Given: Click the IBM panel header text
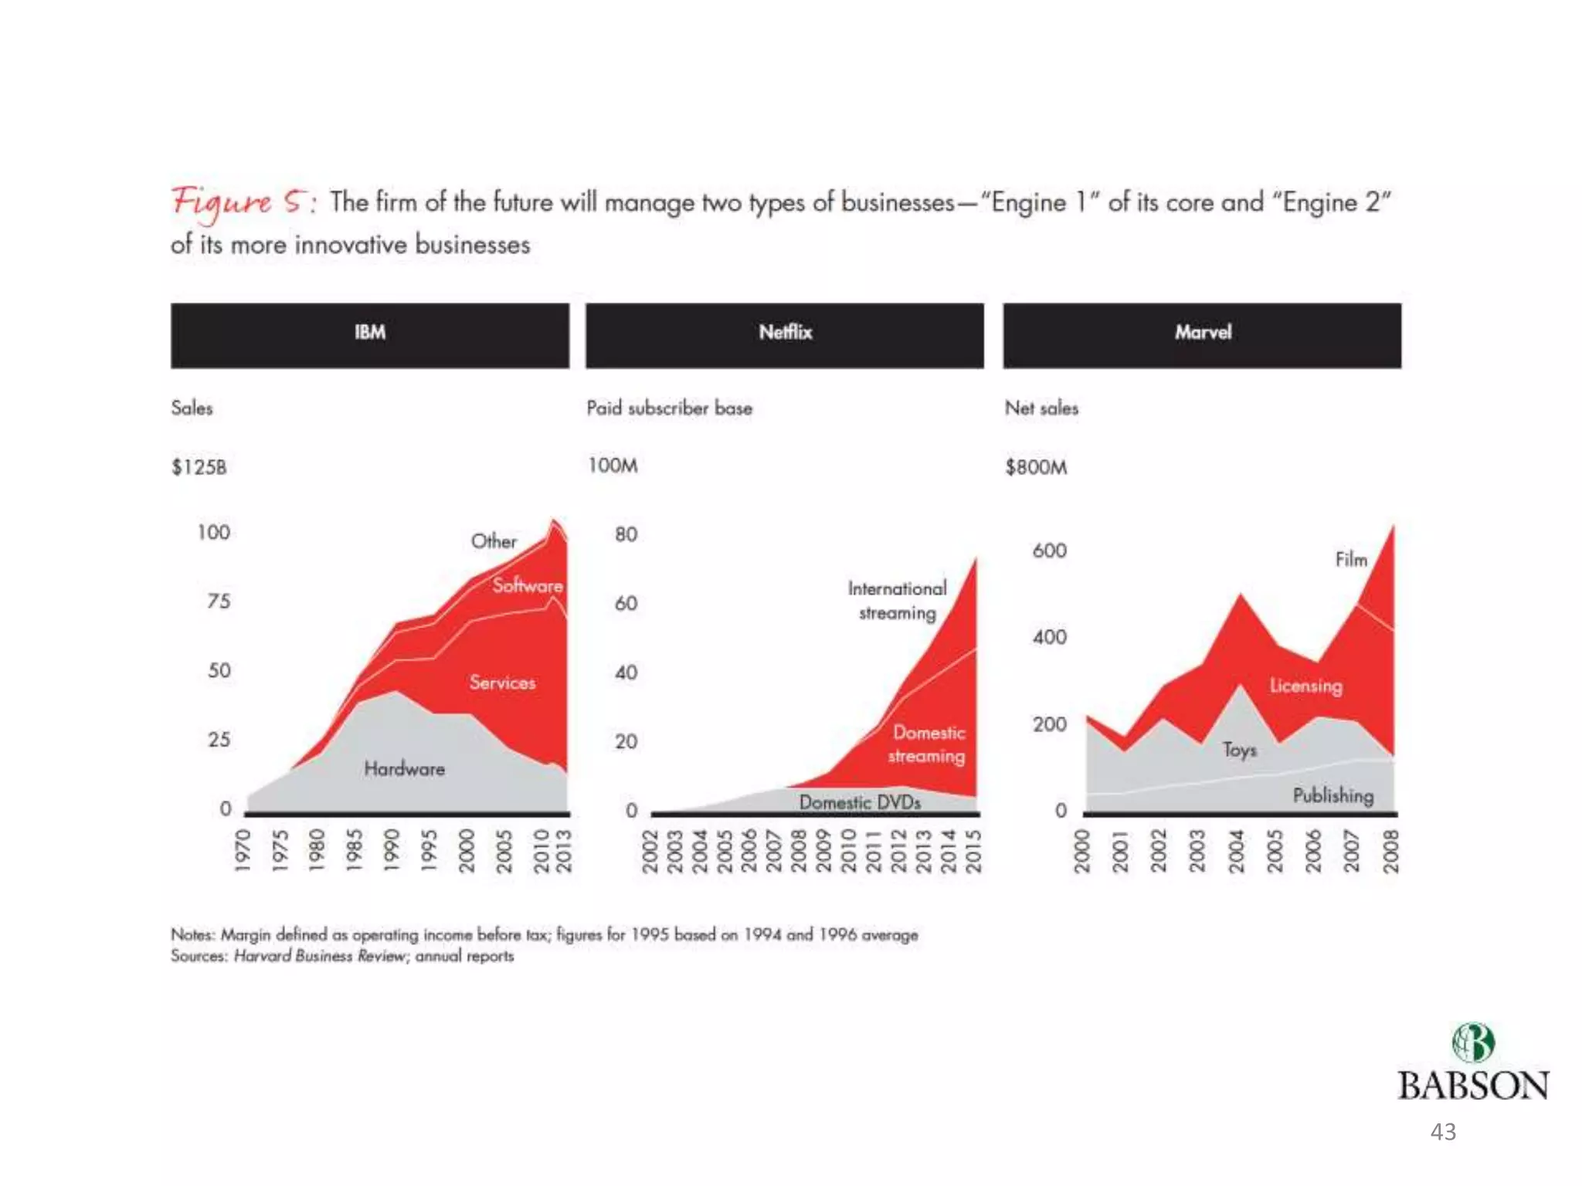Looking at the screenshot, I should coord(370,332).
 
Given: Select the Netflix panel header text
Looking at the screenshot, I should coord(785,332).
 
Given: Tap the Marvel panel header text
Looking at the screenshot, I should coord(1203,332).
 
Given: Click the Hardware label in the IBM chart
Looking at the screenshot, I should coord(404,768).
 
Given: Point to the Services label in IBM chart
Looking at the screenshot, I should coord(502,683).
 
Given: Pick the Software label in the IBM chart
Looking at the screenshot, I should coord(528,585).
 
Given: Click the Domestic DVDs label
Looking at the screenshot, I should coord(860,802).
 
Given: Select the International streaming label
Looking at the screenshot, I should coord(897,600).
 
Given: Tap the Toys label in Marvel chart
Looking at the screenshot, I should coord(1239,750).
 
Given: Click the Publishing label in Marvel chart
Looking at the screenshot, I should coord(1333,795).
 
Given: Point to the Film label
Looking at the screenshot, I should coord(1351,559).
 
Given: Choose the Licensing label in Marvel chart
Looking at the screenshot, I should coord(1305,686).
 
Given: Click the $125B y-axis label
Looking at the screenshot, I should coord(199,467).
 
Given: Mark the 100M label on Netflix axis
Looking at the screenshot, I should coord(613,466).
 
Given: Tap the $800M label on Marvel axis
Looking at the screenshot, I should coord(1036,467).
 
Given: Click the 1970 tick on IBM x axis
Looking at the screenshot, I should coord(243,851).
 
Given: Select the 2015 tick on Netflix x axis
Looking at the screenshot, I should coord(973,851).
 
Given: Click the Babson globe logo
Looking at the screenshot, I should coord(1473,1043).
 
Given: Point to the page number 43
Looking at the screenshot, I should coord(1443,1132).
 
